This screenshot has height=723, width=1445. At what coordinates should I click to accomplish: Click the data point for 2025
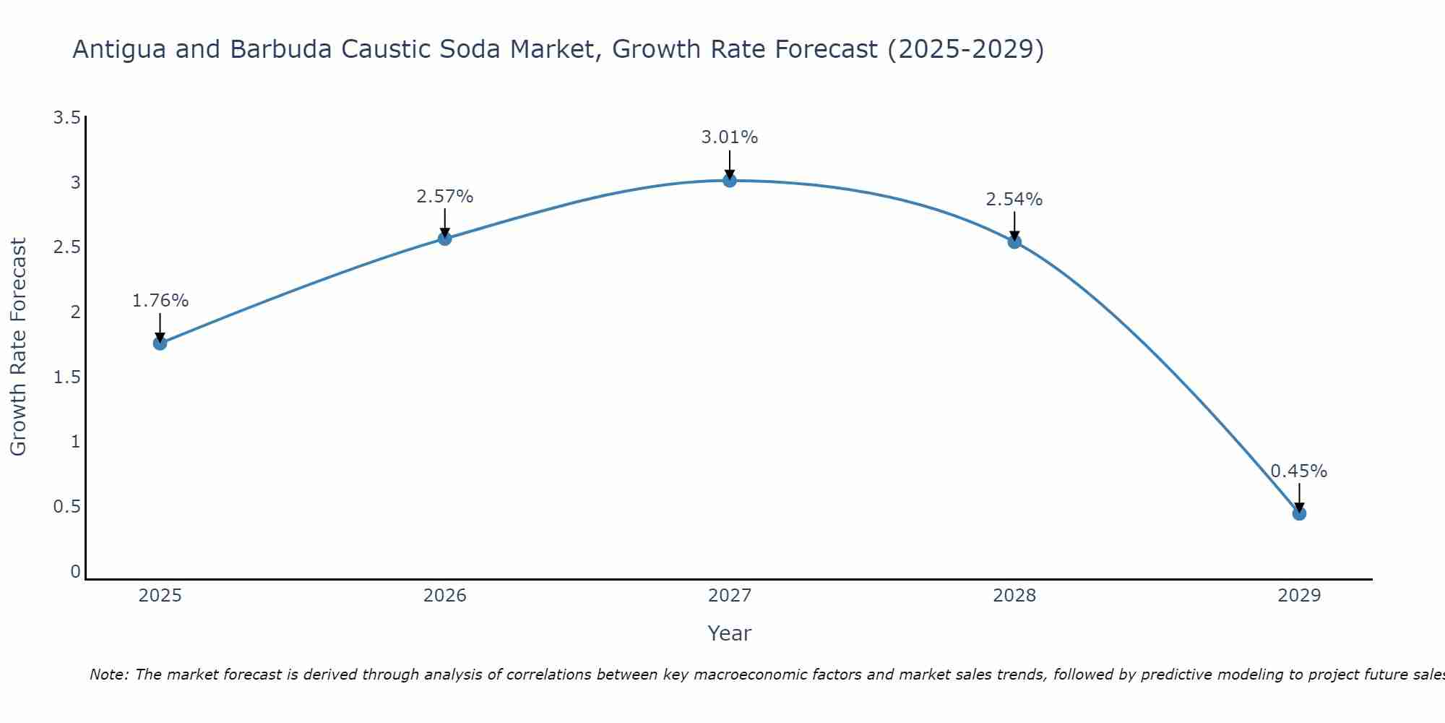pos(160,343)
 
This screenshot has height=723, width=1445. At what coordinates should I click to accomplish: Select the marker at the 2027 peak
pos(730,180)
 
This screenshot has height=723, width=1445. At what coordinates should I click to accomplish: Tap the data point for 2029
pos(1299,514)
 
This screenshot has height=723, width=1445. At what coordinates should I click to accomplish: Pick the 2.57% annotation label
pos(444,197)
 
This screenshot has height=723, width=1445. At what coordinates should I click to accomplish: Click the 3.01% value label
pos(730,137)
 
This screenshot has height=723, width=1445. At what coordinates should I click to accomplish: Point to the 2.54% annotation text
pos(1014,200)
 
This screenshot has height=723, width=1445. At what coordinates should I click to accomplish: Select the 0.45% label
pos(1299,471)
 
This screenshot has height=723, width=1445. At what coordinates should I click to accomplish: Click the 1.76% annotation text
pos(160,301)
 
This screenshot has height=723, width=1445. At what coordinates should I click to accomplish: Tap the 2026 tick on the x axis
pos(444,596)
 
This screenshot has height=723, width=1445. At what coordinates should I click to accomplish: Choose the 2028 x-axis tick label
pos(1014,596)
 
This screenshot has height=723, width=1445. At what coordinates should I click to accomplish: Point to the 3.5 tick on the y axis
pos(66,118)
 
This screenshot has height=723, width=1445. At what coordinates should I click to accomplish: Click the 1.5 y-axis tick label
pos(66,377)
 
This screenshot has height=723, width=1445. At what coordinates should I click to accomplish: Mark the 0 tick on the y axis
pos(75,572)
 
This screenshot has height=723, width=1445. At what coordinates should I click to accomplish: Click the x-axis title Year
pos(730,633)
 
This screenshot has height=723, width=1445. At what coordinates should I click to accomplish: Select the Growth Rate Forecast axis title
pos(18,347)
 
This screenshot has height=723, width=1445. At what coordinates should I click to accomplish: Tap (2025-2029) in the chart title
pos(965,49)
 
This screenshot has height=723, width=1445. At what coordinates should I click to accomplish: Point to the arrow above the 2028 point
pos(1014,226)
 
